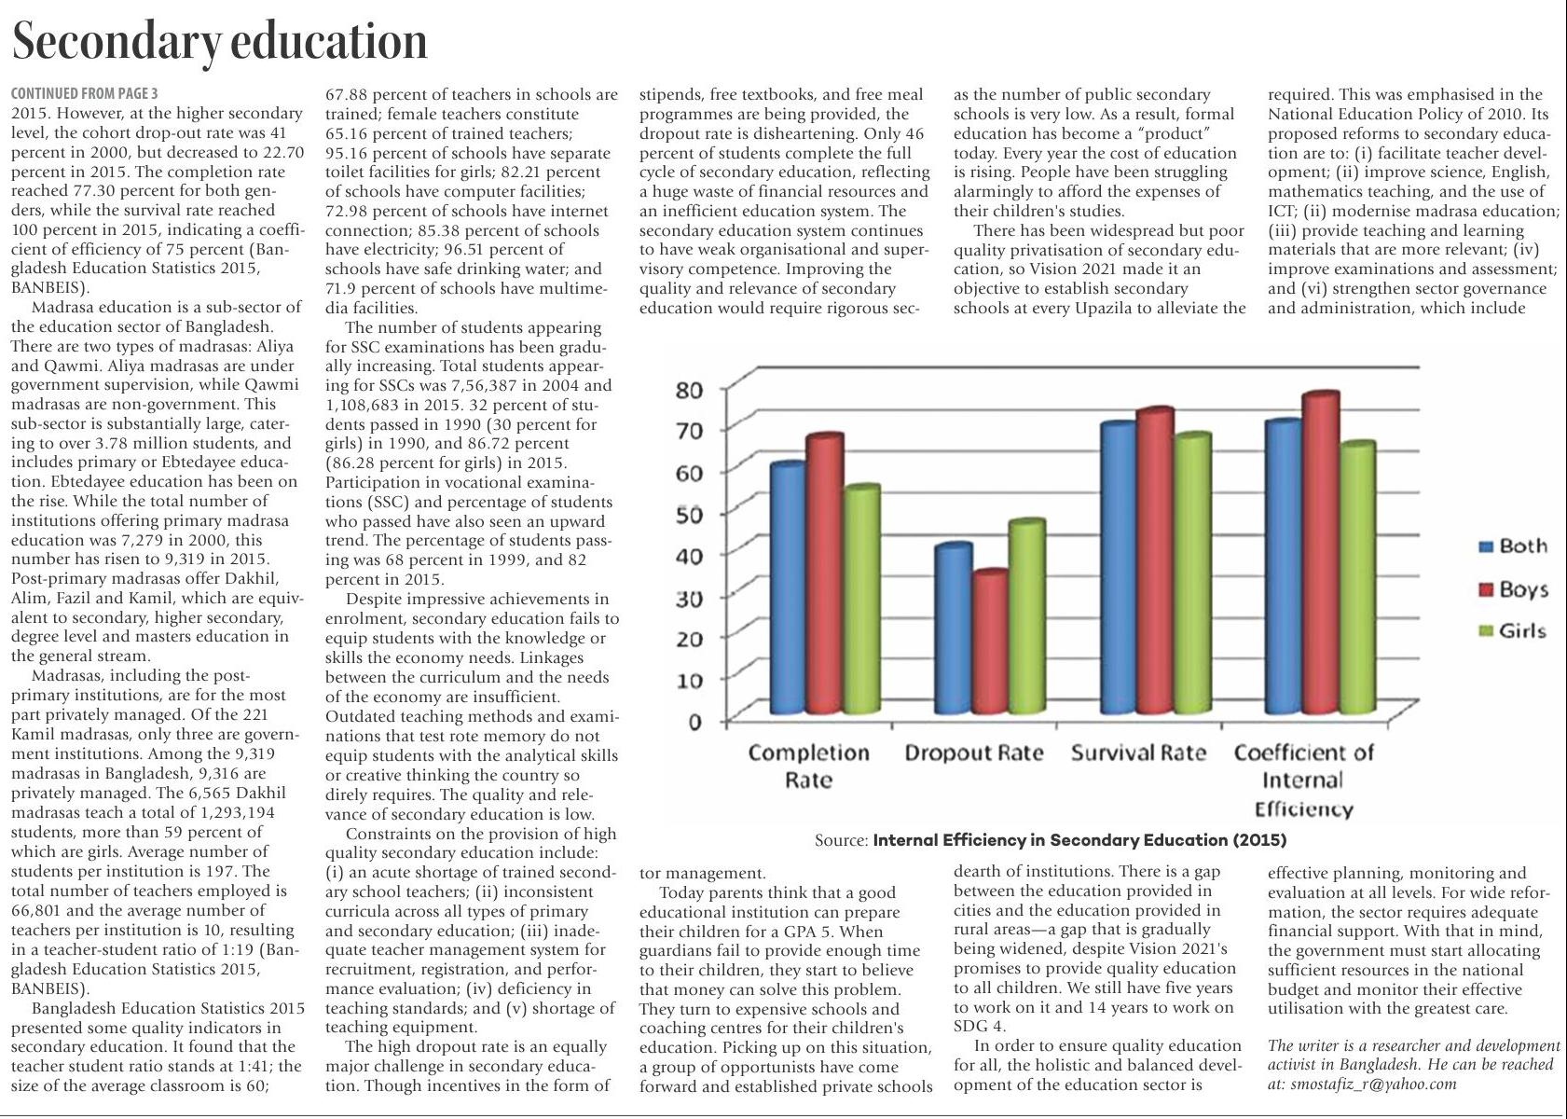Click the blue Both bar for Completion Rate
(x=789, y=587)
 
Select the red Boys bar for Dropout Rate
(x=989, y=643)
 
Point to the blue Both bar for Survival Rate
(x=1118, y=569)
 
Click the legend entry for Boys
(x=1515, y=589)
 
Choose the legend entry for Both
(x=1514, y=546)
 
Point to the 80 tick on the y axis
(x=689, y=389)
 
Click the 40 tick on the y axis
(x=689, y=555)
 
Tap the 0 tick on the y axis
(x=694, y=722)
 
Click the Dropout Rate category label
(x=974, y=753)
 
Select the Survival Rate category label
(x=1138, y=753)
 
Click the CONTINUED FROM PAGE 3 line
(x=84, y=93)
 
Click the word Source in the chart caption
(x=841, y=840)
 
